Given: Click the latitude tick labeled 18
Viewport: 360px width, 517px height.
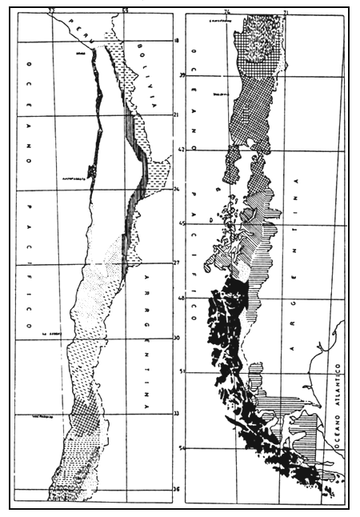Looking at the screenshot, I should tap(178, 39).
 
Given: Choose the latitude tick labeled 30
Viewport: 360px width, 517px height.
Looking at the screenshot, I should tap(178, 339).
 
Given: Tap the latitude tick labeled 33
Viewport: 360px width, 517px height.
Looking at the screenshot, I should tap(178, 414).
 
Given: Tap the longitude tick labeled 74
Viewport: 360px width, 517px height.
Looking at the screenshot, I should tap(227, 11).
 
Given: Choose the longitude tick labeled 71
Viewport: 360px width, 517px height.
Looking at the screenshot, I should tap(286, 11).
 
